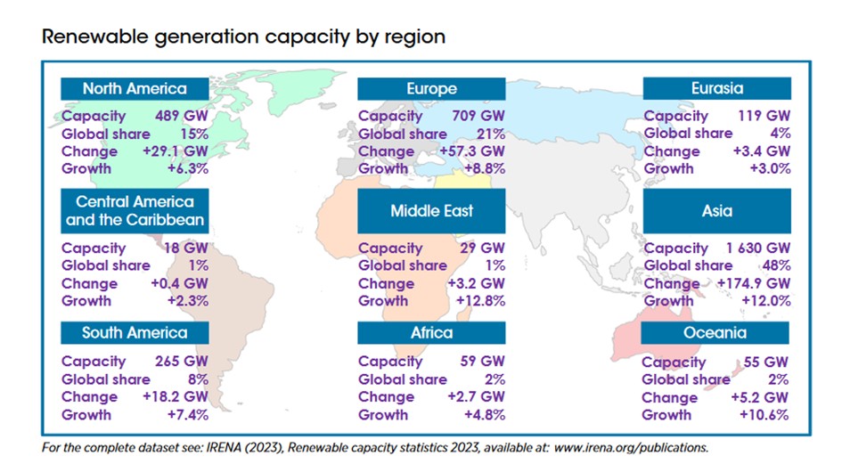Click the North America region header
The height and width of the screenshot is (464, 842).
[x=135, y=89]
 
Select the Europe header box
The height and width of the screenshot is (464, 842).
[x=431, y=89]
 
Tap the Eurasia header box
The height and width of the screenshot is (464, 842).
[x=716, y=89]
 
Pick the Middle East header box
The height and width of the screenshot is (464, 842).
[x=431, y=211]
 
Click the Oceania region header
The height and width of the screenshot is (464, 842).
[x=716, y=333]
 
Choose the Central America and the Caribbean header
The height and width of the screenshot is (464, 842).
[x=135, y=211]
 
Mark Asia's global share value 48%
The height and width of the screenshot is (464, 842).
[x=773, y=265]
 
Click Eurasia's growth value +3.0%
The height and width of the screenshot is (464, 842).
[x=767, y=168]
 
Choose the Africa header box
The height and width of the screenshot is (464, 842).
[x=431, y=333]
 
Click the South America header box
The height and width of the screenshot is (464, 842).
[x=135, y=333]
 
